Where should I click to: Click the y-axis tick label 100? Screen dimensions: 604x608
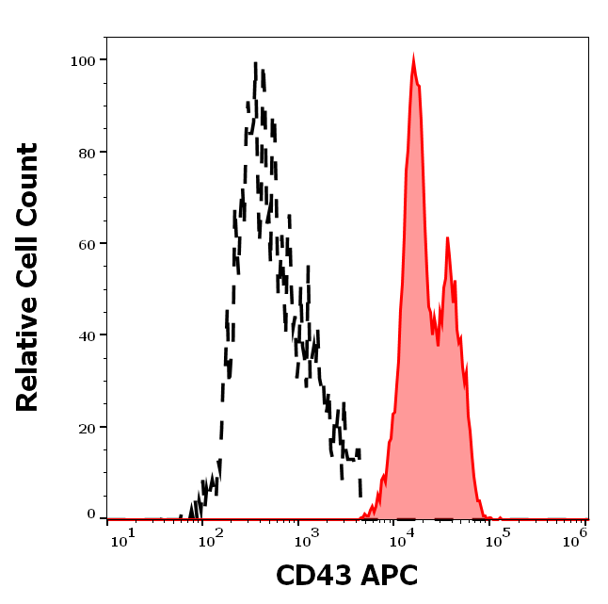[83, 60]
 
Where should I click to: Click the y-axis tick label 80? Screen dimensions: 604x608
[87, 152]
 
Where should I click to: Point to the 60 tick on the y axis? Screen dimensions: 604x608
[87, 244]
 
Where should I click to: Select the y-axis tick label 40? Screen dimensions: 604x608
[87, 335]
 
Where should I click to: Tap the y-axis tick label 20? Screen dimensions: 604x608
[87, 428]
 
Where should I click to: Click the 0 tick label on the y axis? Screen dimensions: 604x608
[91, 514]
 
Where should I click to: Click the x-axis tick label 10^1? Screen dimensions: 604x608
[123, 536]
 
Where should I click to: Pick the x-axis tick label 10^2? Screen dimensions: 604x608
[212, 536]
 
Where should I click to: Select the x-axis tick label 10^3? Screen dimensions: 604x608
[305, 536]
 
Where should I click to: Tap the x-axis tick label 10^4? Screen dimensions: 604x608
[402, 536]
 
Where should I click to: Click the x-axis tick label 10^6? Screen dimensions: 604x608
[576, 536]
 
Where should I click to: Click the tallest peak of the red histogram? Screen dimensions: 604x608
[413, 60]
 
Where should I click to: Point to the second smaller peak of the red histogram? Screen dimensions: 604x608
[447, 239]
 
